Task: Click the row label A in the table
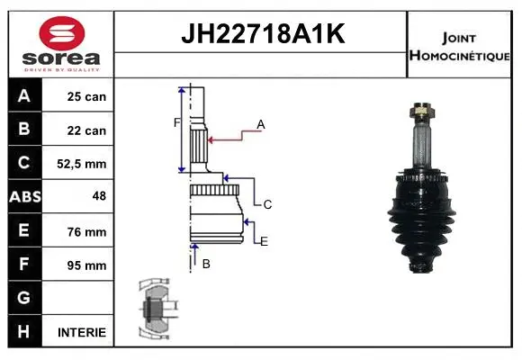24,96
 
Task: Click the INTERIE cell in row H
82,332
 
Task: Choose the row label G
24,298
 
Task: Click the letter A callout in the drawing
261,124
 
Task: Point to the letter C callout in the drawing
267,205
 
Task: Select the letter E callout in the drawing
264,241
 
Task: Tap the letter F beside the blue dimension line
176,122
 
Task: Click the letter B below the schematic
206,264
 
